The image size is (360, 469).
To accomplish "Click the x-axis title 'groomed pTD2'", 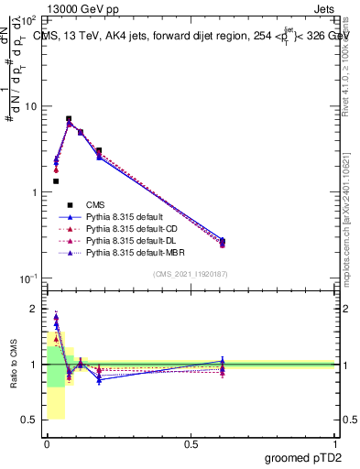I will point(304,458).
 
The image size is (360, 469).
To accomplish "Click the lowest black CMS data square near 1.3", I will point(56,181).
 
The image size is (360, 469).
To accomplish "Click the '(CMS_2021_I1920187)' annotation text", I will point(191,274).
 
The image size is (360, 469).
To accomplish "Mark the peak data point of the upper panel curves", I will point(69,119).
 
